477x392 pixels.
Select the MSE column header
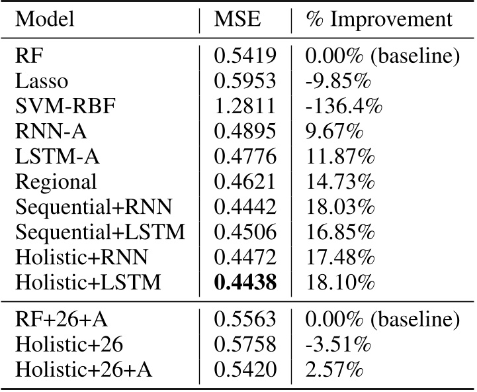tap(238, 20)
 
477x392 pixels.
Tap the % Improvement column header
tap(379, 20)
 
